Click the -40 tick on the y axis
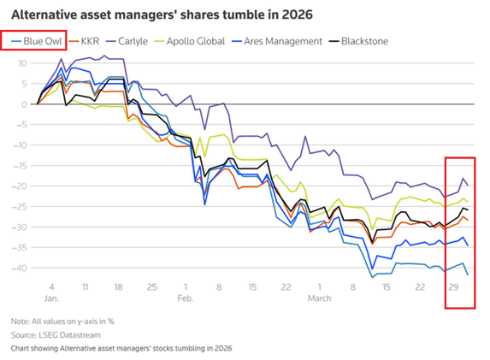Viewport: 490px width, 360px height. (x=19, y=268)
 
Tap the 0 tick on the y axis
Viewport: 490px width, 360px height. (x=24, y=103)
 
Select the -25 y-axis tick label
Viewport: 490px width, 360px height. (x=19, y=206)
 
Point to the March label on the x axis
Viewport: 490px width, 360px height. (x=321, y=298)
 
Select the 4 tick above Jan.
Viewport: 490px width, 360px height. (x=51, y=286)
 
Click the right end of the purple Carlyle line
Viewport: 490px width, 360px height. (x=467, y=186)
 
